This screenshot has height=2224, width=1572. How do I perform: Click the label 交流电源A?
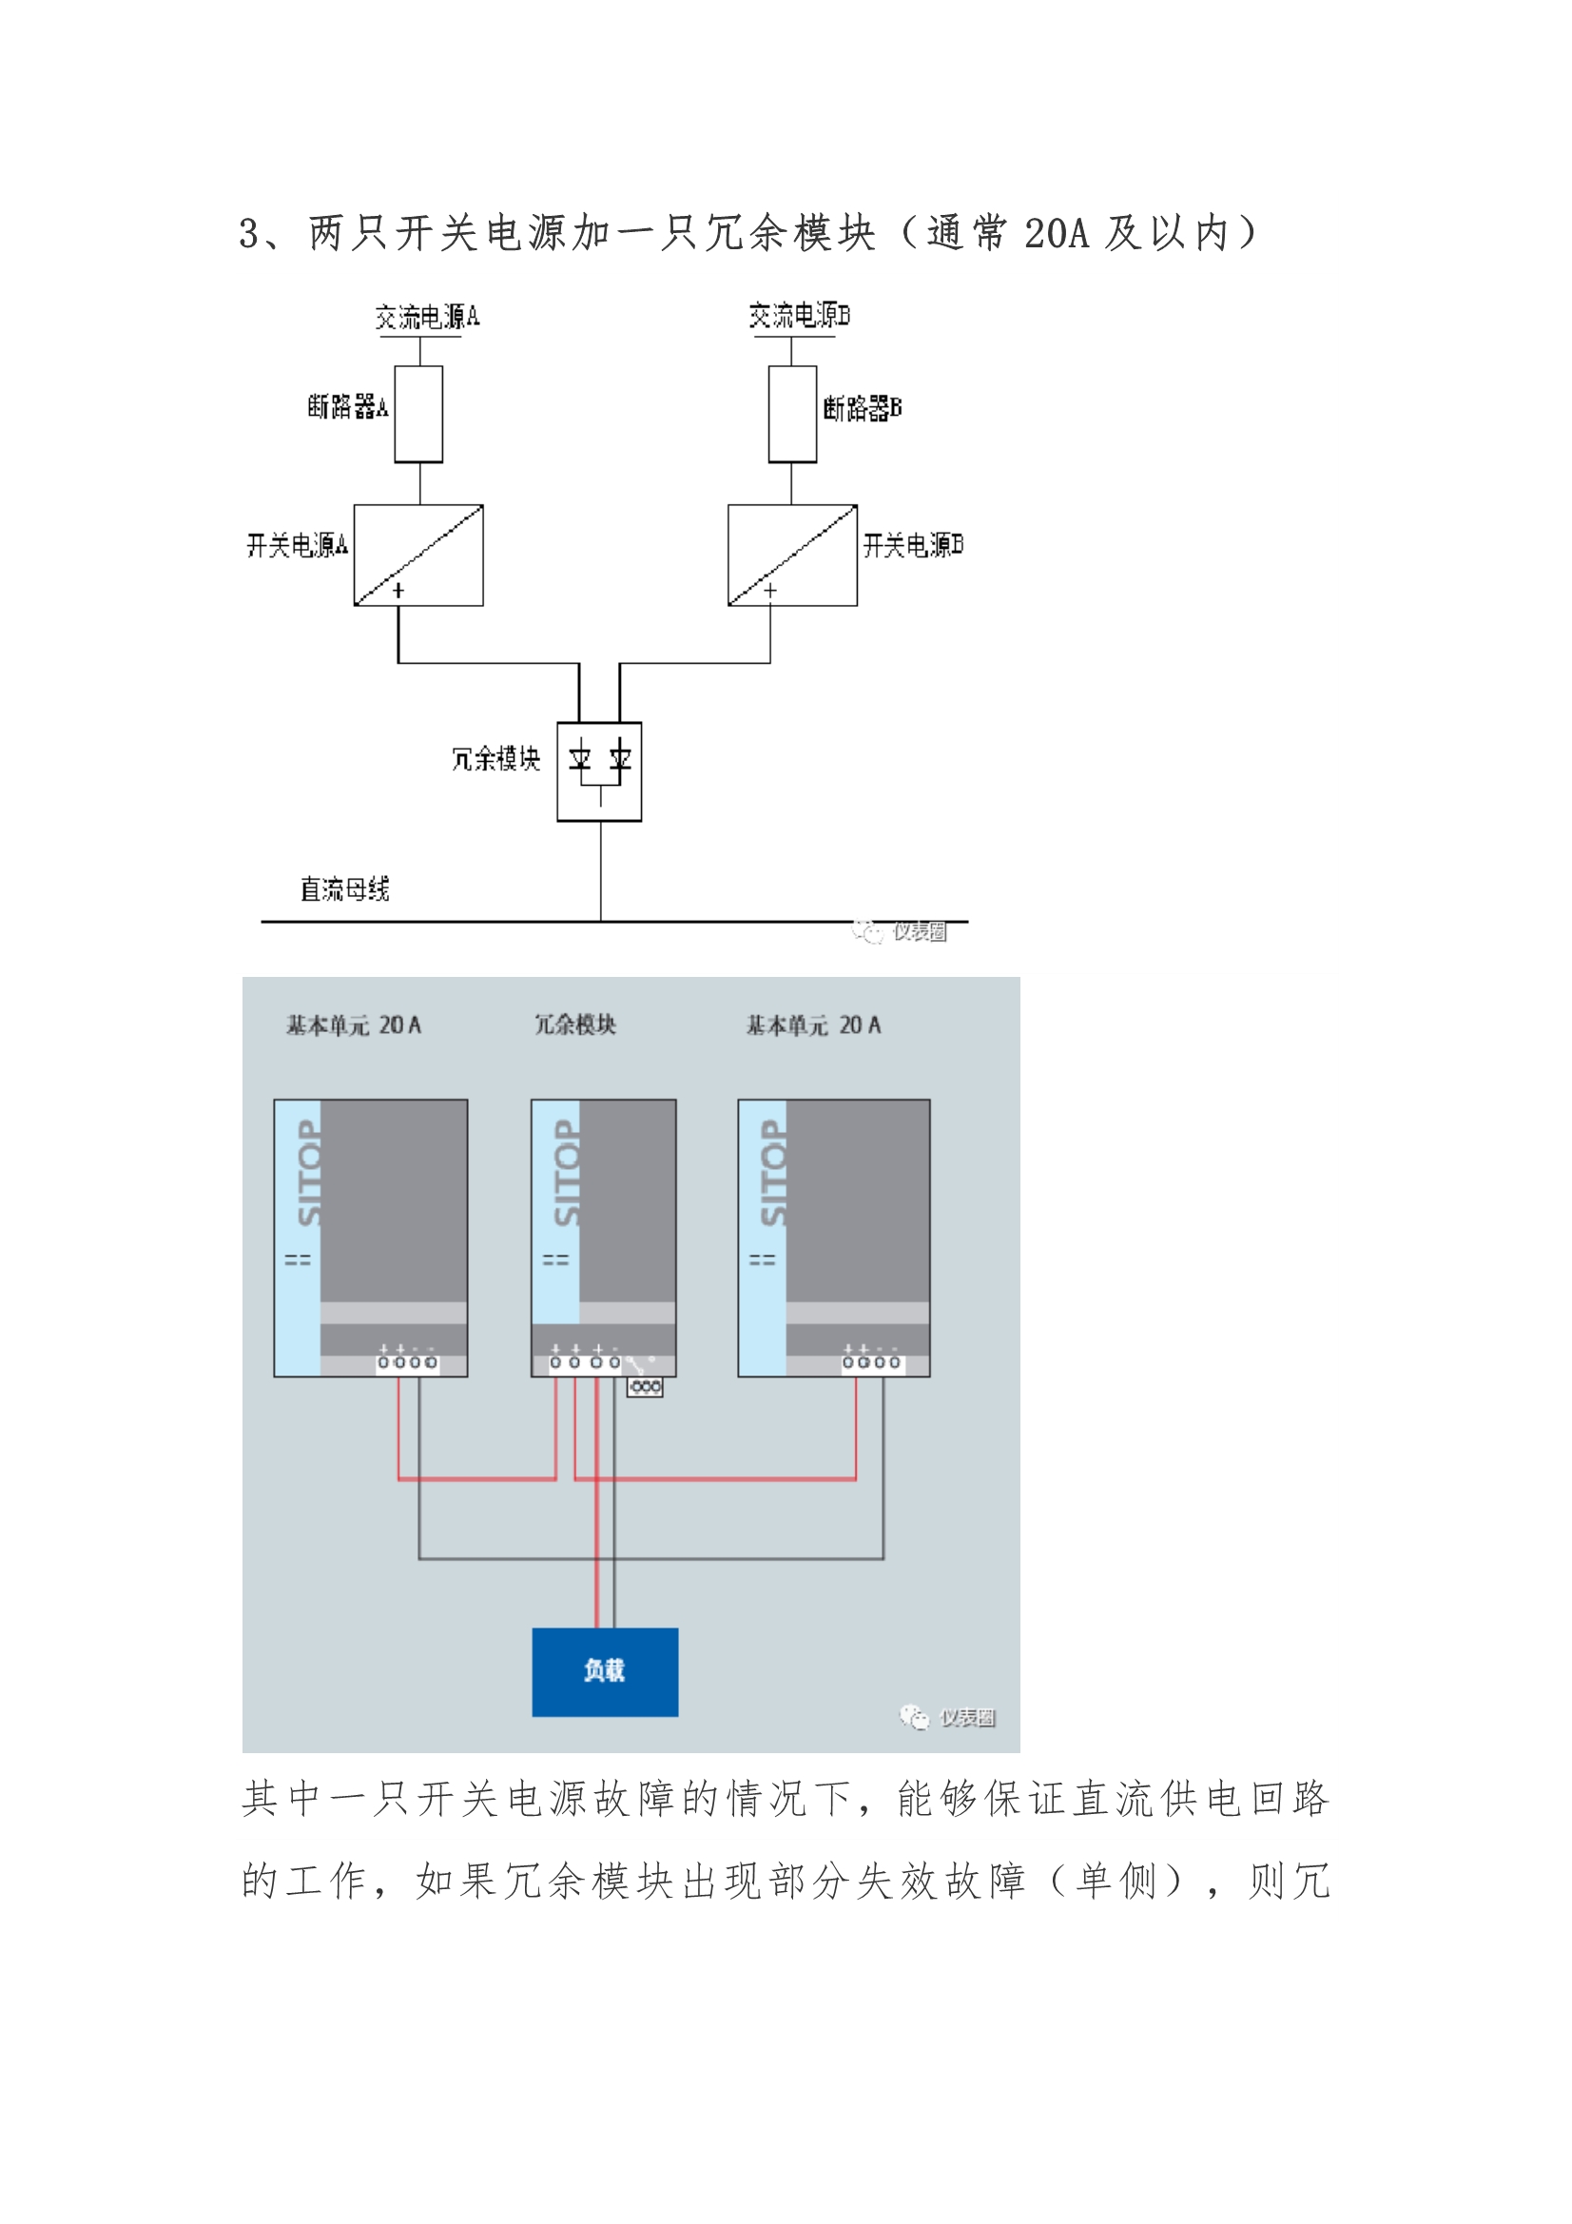coord(427,317)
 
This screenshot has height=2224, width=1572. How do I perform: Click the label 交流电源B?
coord(799,316)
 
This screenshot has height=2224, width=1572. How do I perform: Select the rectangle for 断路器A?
coord(418,415)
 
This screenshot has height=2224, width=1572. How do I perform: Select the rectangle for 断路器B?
coord(792,415)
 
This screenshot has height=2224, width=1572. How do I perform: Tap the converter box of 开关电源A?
coord(418,555)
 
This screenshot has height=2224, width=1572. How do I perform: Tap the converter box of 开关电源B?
coord(792,555)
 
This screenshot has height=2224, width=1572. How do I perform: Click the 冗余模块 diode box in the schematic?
coord(599,772)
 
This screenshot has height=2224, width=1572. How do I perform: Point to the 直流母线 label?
coord(345,888)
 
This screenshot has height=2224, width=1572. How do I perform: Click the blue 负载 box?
coord(606,1672)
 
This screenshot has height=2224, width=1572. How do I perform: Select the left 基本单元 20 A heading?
coord(354,1024)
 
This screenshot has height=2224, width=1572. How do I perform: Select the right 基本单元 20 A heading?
coord(814,1024)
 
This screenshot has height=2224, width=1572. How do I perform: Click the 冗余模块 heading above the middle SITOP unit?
coord(575,1024)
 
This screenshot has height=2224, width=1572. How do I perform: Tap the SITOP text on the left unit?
coord(309,1173)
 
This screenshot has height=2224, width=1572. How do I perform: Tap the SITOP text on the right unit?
coord(773,1173)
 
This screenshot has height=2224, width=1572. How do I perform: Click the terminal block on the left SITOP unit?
coord(408,1362)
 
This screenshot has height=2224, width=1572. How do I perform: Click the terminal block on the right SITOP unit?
coord(872,1362)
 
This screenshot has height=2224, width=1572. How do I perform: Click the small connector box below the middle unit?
coord(645,1387)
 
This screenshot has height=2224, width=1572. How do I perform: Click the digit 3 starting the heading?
coord(249,234)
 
